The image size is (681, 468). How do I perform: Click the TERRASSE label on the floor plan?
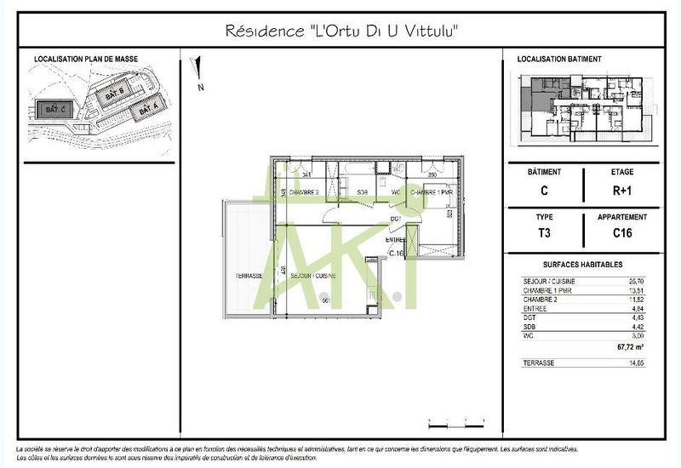click(x=248, y=277)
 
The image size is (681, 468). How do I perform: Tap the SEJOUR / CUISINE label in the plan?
click(x=313, y=277)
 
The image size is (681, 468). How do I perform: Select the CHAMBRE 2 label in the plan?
click(x=305, y=192)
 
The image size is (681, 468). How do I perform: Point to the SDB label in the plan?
click(x=362, y=191)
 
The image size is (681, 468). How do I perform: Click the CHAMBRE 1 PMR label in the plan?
click(x=431, y=192)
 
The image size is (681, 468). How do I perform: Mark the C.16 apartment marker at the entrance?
click(x=396, y=253)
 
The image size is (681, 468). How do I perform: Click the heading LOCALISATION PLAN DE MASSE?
click(x=85, y=60)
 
